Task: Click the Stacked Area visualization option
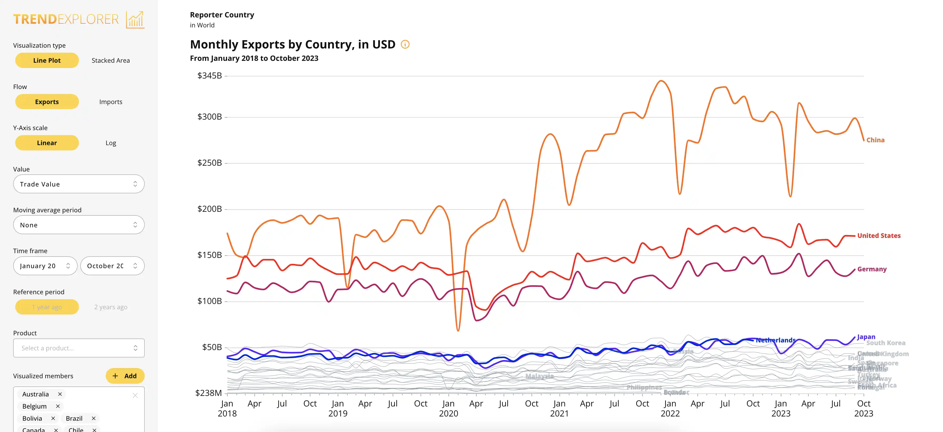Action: pyautogui.click(x=111, y=61)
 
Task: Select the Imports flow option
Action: pyautogui.click(x=111, y=102)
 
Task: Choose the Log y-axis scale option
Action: pyautogui.click(x=111, y=143)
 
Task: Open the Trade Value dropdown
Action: pyautogui.click(x=79, y=184)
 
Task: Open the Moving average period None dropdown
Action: pyautogui.click(x=79, y=225)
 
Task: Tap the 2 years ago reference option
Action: pyautogui.click(x=111, y=307)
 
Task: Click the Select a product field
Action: pyautogui.click(x=79, y=348)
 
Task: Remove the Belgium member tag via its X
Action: pyautogui.click(x=58, y=406)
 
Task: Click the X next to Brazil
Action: pyautogui.click(x=94, y=418)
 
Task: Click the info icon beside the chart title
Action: pyautogui.click(x=405, y=44)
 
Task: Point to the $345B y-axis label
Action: pyautogui.click(x=209, y=76)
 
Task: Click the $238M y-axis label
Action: pyautogui.click(x=208, y=393)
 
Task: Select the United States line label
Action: pyautogui.click(x=879, y=235)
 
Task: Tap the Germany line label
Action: pyautogui.click(x=872, y=269)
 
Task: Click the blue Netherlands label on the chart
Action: pyautogui.click(x=775, y=340)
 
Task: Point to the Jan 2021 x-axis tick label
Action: pyautogui.click(x=559, y=408)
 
